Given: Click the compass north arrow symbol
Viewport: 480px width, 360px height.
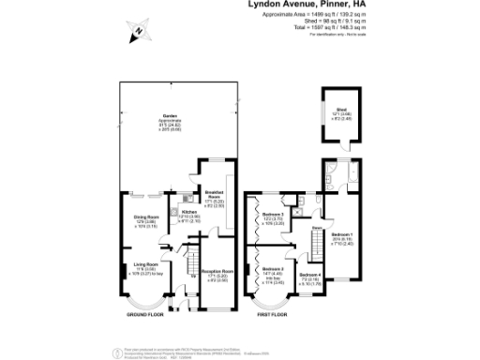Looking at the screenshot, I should (138, 34).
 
